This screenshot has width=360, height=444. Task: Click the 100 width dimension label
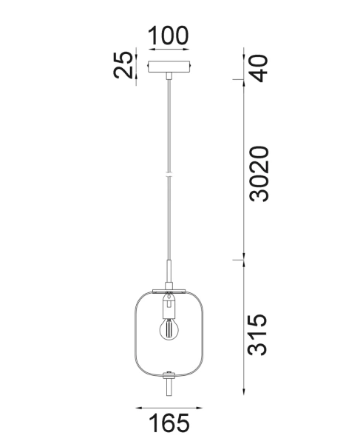[x=169, y=35]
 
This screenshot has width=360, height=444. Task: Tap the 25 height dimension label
[x=123, y=66]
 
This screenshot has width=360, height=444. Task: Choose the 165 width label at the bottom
[x=169, y=424]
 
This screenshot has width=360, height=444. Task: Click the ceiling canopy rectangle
[x=169, y=67]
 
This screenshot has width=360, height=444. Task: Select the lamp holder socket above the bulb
[x=169, y=303]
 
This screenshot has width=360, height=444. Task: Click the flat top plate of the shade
[x=169, y=288]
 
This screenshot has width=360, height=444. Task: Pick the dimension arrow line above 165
[x=169, y=406]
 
